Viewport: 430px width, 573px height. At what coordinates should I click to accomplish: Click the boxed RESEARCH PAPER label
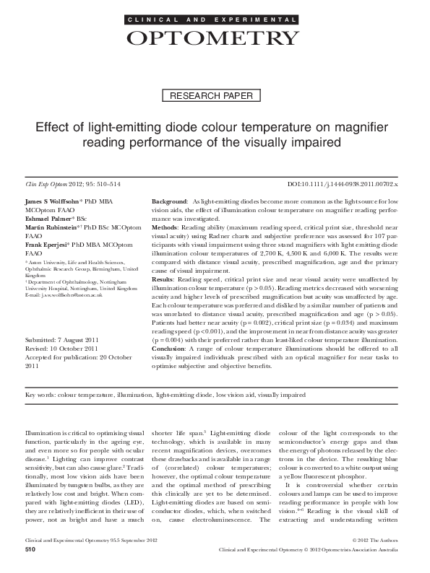click(215, 96)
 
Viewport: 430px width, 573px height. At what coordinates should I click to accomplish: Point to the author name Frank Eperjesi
click(51, 245)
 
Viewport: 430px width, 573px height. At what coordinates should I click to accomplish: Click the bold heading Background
click(170, 200)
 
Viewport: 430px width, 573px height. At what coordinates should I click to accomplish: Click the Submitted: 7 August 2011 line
click(62, 338)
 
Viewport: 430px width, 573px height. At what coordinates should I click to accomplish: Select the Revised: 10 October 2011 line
click(62, 346)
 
